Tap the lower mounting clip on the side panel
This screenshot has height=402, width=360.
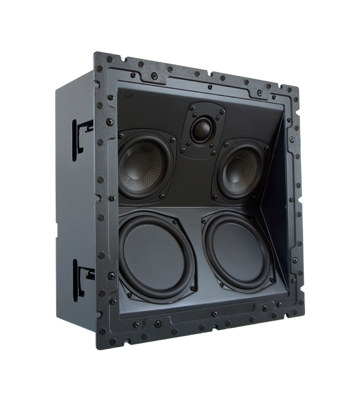pos(83,275)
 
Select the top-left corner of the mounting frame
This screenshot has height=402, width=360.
pos(98,56)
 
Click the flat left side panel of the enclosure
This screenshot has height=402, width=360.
pos(75,203)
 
